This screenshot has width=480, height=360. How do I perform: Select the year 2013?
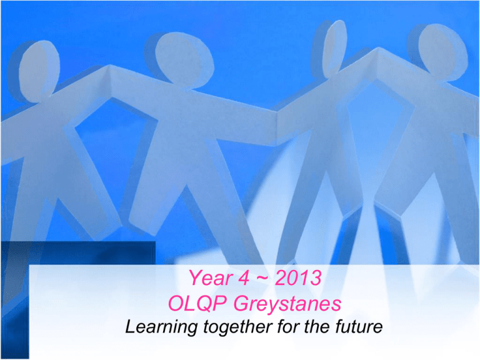pos(298,277)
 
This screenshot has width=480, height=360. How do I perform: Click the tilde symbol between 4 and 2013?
pos(262,278)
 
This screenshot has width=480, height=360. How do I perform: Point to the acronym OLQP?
pos(197,304)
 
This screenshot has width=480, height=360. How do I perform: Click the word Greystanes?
pos(287,304)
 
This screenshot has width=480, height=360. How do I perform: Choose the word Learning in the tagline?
pos(161,327)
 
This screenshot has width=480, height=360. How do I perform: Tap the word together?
pos(239,327)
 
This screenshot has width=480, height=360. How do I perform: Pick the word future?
pos(359,326)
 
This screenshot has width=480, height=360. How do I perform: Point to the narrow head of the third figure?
pos(335,48)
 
